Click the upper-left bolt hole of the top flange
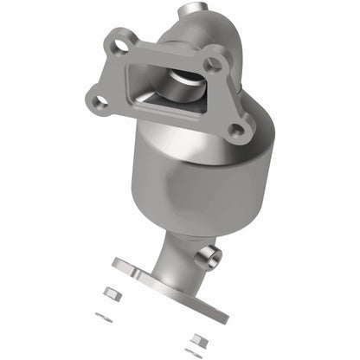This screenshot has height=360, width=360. click(x=121, y=41)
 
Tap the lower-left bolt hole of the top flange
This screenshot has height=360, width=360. click(x=100, y=101)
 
